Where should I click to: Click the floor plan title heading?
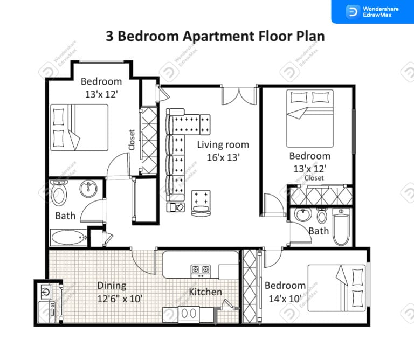click(216, 37)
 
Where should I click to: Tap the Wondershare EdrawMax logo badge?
click(372, 12)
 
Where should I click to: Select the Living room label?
click(223, 144)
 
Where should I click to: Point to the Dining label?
click(112, 286)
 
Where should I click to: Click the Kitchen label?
click(205, 292)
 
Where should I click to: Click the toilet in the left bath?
click(59, 194)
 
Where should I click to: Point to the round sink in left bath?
click(88, 189)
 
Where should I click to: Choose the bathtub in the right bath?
click(341, 230)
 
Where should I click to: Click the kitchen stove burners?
click(200, 268)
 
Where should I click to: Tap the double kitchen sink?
click(189, 313)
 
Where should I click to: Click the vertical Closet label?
click(132, 139)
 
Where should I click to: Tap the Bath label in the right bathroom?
click(319, 231)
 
